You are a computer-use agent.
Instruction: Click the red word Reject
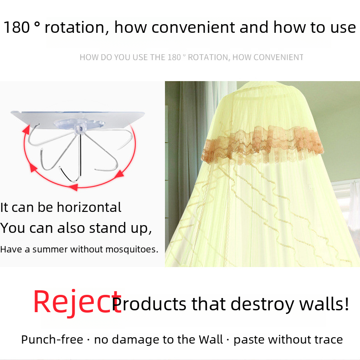click(77, 302)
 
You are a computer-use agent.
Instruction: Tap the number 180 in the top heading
click(17, 27)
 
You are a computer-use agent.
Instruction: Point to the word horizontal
click(89, 207)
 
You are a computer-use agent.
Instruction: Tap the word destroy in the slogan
click(262, 304)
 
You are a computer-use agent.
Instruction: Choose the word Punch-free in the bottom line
click(52, 339)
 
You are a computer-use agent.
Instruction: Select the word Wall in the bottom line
click(211, 339)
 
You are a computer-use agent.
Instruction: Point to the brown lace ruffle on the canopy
click(262, 144)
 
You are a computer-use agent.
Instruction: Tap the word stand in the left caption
click(107, 228)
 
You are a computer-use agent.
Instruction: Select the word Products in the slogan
click(149, 304)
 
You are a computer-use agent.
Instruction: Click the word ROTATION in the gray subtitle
click(209, 57)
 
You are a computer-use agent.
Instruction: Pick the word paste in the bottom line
click(249, 340)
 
